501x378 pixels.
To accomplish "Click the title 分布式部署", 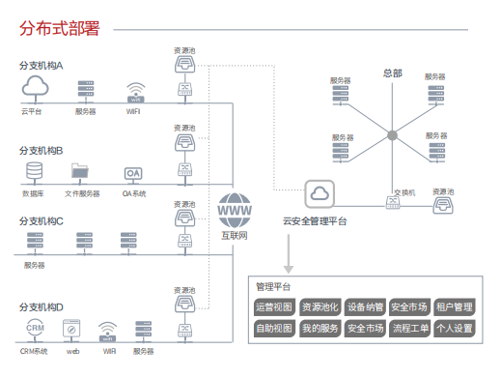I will pos(60,29).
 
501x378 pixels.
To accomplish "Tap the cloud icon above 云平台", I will pos(35,89).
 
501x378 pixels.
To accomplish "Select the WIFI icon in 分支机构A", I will pos(134,93).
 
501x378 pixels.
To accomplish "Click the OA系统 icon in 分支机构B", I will pos(133,174).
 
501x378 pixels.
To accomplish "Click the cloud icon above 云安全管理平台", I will pos(316,193).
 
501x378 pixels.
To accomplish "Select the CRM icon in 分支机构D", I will pos(34,329).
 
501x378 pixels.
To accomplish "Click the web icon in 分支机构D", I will pos(72,329).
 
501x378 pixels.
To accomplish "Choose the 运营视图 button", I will pos(273,307).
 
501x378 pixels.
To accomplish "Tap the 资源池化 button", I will pos(320,307).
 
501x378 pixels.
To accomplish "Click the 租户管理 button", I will pos(454,307).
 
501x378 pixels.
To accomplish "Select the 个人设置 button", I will pos(454,329).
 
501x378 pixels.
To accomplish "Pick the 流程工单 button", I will pos(409,329).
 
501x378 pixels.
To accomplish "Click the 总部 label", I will pos(392,73).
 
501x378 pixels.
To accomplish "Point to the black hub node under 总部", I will pos(392,134).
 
